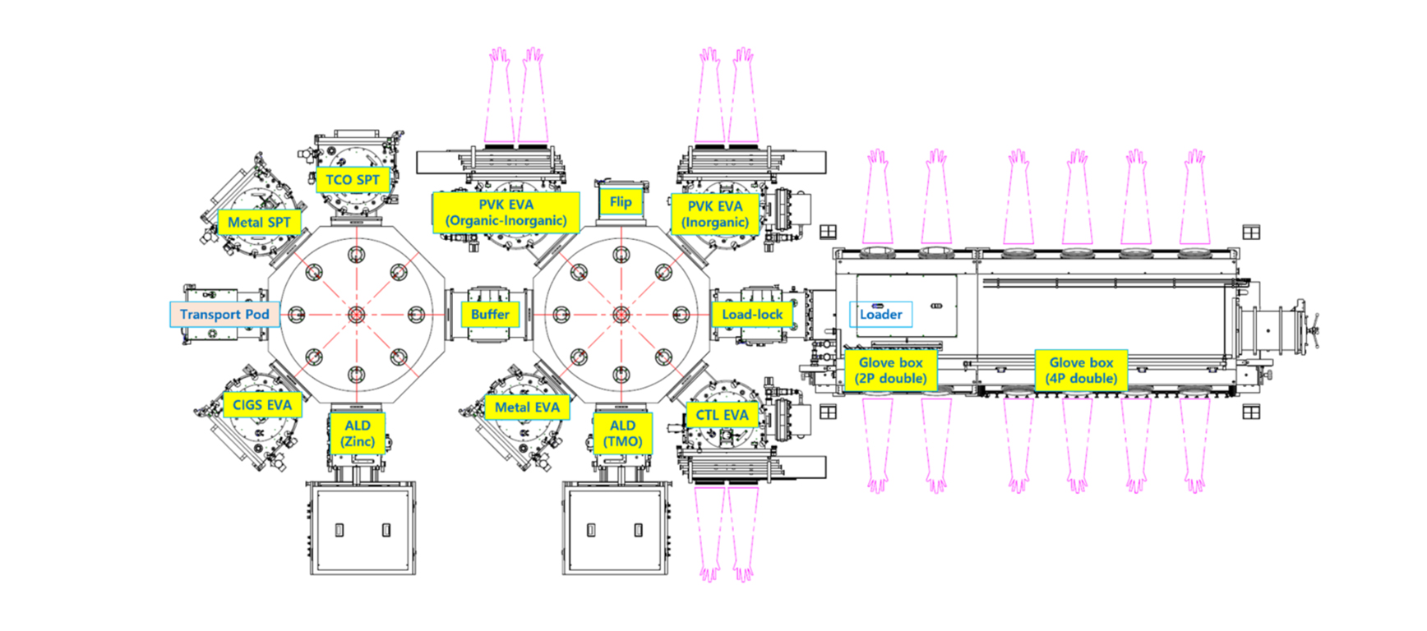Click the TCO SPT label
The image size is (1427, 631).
click(x=353, y=180)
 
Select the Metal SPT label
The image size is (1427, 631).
click(x=259, y=222)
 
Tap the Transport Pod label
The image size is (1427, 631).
click(x=224, y=315)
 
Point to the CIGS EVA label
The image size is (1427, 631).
click(x=261, y=405)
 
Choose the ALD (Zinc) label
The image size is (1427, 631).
click(x=358, y=433)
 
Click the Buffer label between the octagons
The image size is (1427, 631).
click(x=490, y=315)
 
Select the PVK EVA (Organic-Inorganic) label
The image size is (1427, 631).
click(x=506, y=213)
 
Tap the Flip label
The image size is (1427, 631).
click(x=621, y=202)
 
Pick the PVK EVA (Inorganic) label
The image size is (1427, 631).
click(x=714, y=214)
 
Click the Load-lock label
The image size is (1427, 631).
click(x=752, y=315)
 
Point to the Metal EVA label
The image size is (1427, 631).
click(x=527, y=408)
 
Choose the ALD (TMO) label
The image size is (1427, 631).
click(x=622, y=433)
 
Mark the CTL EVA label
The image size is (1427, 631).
click(x=722, y=415)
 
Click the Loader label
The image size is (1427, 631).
click(x=880, y=315)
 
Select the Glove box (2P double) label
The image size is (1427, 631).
click(x=890, y=371)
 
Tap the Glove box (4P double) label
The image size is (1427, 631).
click(x=1081, y=371)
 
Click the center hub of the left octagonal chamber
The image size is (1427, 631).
click(x=356, y=315)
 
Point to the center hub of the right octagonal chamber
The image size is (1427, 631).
click(x=621, y=315)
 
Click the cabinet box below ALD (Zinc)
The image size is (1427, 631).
click(x=363, y=530)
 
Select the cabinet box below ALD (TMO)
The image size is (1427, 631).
click(x=615, y=530)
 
